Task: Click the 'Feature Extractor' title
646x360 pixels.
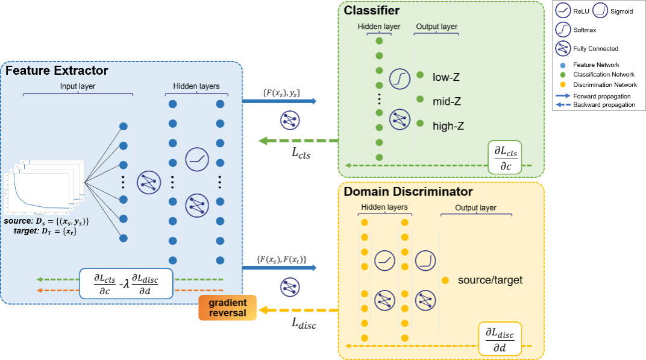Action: pos(57,71)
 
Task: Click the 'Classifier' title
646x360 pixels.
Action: pos(371,10)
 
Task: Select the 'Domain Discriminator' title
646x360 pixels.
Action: pos(408,192)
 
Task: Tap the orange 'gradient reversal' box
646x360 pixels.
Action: pos(227,308)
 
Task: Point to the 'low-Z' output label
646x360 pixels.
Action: pos(446,77)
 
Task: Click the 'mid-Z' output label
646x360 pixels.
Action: pos(447,101)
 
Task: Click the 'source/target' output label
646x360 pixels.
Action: pos(490,280)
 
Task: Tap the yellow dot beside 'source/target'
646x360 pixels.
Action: pos(445,280)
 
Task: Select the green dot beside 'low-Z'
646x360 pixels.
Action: pos(420,75)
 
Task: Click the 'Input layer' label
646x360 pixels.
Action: pos(77,86)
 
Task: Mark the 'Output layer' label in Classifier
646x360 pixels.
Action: pos(436,27)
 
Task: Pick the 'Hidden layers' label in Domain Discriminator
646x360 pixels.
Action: pos(384,207)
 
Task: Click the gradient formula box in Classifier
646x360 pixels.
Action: pos(505,157)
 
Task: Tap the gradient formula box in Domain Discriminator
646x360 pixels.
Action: pos(500,339)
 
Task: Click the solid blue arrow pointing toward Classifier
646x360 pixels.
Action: pos(280,101)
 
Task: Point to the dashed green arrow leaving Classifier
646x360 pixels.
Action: pos(298,141)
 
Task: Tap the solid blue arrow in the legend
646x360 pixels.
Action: pos(563,95)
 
